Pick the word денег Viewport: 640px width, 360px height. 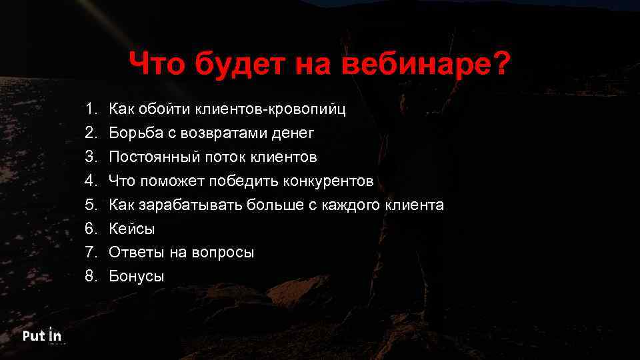point(292,133)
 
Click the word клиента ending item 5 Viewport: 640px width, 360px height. point(414,205)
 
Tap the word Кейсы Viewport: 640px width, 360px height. point(132,229)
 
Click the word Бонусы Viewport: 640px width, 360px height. point(137,276)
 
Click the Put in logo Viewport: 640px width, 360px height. point(42,335)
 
